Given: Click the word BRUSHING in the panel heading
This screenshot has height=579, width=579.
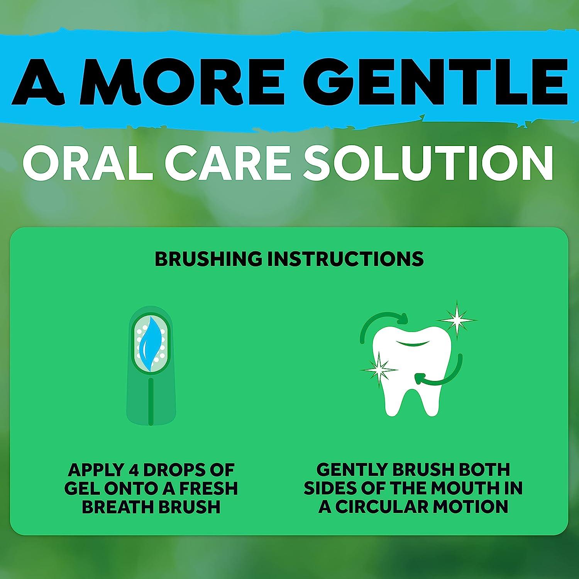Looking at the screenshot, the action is pyautogui.click(x=208, y=259).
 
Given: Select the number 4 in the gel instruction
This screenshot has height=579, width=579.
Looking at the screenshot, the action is pyautogui.click(x=132, y=470).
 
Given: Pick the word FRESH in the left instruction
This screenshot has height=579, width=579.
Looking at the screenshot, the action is pyautogui.click(x=207, y=489).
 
